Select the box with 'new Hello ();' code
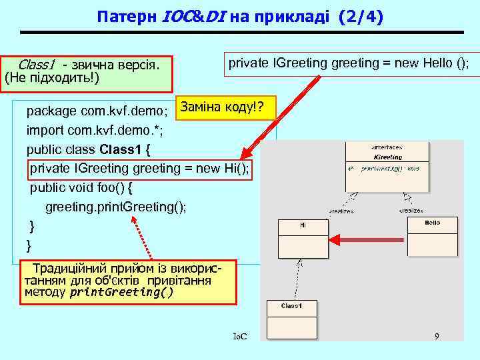pos(349,64)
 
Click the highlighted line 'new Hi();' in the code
pos(140,169)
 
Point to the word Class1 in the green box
pos(37,65)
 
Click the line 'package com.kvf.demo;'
pos(96,110)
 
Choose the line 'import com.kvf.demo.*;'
pos(94,129)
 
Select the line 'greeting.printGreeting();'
pos(116,207)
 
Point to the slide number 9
pos(437,337)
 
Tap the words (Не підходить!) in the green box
pos(52,79)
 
